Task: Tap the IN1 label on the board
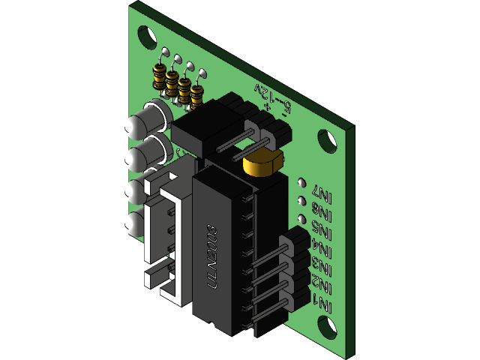[x=324, y=304]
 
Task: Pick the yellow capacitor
[x=262, y=160]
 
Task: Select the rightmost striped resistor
[x=196, y=94]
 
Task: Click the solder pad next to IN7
[x=301, y=182]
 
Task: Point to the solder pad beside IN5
[x=301, y=220]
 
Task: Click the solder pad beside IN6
[x=301, y=201]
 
